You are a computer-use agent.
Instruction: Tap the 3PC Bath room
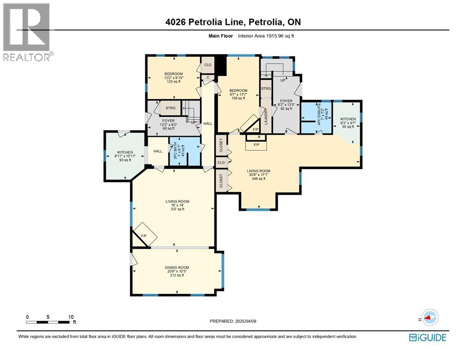(x=184, y=151)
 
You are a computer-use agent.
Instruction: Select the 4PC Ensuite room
(x=316, y=118)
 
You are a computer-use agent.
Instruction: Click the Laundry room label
(x=266, y=116)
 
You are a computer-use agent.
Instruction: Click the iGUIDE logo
(x=428, y=337)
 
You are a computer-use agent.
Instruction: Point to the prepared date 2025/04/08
(x=245, y=321)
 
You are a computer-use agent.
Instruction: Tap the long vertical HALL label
(x=208, y=123)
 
